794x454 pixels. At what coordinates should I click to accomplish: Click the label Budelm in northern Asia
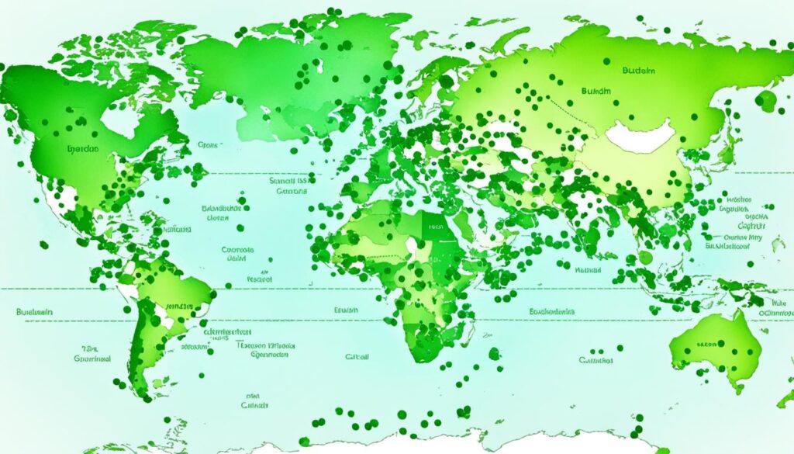coord(638,71)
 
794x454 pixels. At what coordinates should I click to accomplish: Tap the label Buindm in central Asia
coord(595,91)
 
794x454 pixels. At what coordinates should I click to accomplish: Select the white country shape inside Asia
coord(641,136)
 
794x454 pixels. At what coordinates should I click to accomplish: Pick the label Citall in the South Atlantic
coord(357,357)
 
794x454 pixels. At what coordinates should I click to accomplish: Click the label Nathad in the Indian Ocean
coord(588,270)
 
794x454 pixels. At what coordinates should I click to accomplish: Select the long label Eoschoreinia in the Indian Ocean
coord(552,310)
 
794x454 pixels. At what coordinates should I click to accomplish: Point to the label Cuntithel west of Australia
coord(595,360)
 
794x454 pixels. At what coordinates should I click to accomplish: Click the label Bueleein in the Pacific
coord(34,311)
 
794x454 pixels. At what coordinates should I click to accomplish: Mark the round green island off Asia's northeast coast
coord(765,100)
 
